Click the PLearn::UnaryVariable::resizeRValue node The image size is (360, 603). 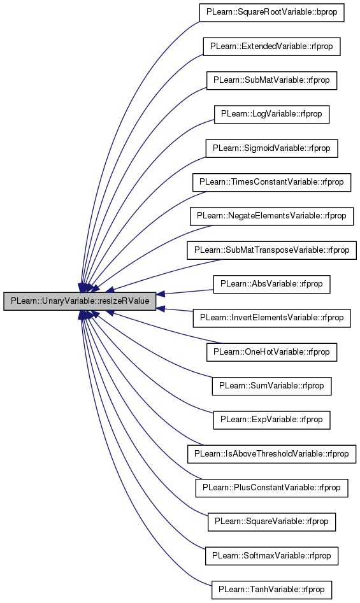click(x=80, y=301)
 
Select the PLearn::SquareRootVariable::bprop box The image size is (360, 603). click(x=271, y=12)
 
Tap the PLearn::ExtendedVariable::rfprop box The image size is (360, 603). click(x=271, y=46)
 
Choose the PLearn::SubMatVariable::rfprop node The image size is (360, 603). click(x=271, y=80)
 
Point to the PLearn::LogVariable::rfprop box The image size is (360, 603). click(x=271, y=114)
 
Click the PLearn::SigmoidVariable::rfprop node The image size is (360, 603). click(x=271, y=148)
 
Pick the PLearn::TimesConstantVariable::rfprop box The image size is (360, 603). click(x=271, y=182)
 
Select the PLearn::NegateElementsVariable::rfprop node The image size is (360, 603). click(x=271, y=216)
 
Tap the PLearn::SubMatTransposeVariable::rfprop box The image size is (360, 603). click(x=271, y=250)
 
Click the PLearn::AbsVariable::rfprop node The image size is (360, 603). click(x=271, y=284)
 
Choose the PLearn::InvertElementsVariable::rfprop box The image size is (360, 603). click(x=271, y=318)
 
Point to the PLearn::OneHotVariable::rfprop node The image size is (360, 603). click(x=271, y=352)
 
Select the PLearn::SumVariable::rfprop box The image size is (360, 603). click(x=271, y=386)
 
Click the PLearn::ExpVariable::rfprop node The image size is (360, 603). click(x=271, y=420)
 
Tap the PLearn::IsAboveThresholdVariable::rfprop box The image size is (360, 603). click(x=271, y=454)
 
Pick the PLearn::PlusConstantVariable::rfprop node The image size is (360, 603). click(x=271, y=488)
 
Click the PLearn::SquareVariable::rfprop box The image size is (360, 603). click(x=271, y=521)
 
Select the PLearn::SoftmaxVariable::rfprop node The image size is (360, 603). click(x=271, y=556)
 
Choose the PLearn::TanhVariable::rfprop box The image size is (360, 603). click(x=271, y=590)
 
